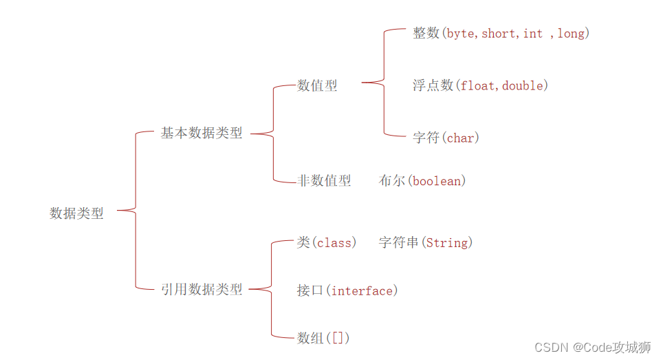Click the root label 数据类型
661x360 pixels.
click(x=76, y=213)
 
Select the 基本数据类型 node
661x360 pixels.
click(x=202, y=133)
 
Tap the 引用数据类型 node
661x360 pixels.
click(x=202, y=290)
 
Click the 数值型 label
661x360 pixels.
click(x=317, y=85)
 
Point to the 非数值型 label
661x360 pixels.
click(x=324, y=180)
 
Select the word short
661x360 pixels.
click(x=500, y=34)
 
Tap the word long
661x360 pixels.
click(x=571, y=34)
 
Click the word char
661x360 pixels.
click(x=460, y=138)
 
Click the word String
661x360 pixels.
click(x=446, y=243)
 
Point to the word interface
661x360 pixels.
click(x=362, y=291)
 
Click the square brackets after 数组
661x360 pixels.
click(x=340, y=338)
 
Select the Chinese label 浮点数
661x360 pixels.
click(x=433, y=85)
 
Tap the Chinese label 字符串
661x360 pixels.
click(x=399, y=242)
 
